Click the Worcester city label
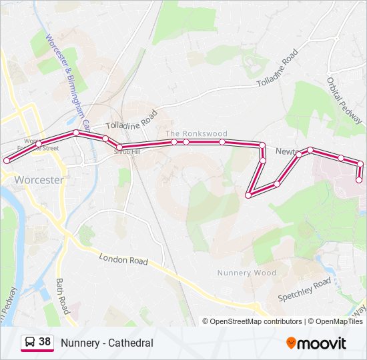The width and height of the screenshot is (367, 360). click(39, 180)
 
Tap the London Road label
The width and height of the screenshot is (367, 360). click(123, 259)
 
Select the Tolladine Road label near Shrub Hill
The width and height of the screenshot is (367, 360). click(131, 120)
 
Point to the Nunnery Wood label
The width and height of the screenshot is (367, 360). click(246, 273)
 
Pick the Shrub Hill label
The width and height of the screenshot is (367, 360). click(127, 151)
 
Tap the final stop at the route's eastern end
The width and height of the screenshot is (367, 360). click(359, 179)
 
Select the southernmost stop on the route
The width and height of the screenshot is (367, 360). click(248, 195)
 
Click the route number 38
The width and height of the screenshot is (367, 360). click(45, 342)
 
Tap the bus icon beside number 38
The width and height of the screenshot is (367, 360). click(29, 343)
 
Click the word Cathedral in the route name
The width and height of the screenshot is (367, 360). click(129, 343)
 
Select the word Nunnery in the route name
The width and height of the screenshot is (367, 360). click(79, 343)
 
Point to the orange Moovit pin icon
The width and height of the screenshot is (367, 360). click(291, 343)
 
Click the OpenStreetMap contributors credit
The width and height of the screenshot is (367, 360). click(256, 321)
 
